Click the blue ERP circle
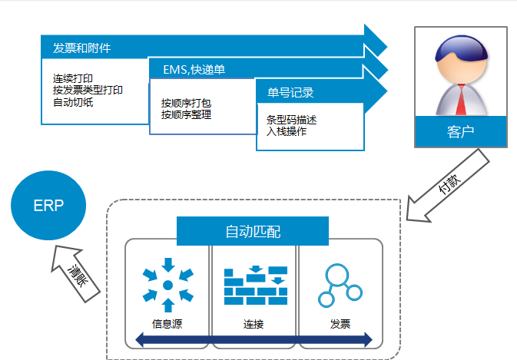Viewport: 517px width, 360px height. tap(48, 206)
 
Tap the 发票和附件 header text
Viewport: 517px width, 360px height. tap(82, 48)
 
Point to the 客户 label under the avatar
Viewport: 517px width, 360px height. tap(460, 131)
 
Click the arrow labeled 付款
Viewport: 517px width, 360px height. tap(448, 184)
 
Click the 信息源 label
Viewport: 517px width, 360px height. tap(167, 323)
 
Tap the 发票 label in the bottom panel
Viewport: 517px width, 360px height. tap(340, 323)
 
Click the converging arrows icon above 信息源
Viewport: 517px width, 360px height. tap(167, 285)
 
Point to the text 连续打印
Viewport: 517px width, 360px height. tap(72, 79)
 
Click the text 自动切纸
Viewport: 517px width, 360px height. tap(72, 101)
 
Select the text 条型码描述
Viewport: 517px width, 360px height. tap(291, 120)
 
